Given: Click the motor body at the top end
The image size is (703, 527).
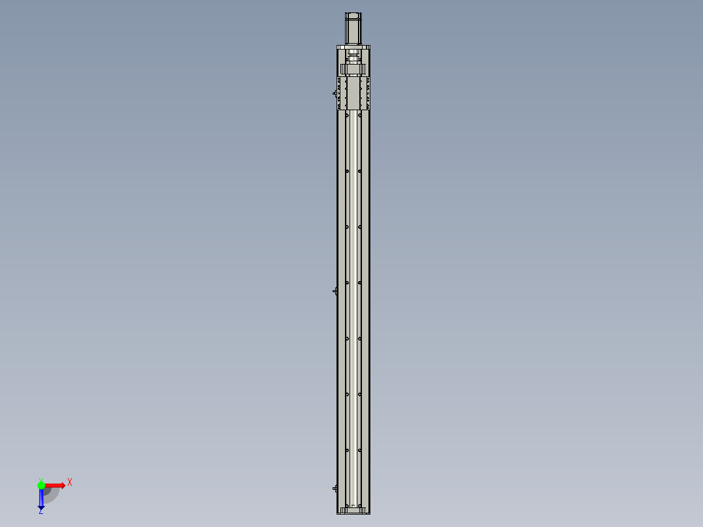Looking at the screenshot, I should pyautogui.click(x=353, y=29).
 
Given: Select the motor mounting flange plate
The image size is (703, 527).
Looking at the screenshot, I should pyautogui.click(x=353, y=47).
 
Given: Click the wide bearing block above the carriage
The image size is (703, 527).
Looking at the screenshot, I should pyautogui.click(x=353, y=69).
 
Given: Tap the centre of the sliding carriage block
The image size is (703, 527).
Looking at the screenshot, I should pyautogui.click(x=353, y=93).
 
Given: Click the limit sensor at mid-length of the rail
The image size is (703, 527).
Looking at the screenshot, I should pyautogui.click(x=335, y=290).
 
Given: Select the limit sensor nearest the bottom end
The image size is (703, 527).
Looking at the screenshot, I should pyautogui.click(x=335, y=487).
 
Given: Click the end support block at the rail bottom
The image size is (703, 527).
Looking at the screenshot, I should pyautogui.click(x=353, y=510).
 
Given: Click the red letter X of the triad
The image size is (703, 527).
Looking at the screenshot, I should pyautogui.click(x=70, y=482).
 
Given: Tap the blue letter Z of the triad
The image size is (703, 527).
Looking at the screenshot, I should pyautogui.click(x=40, y=511).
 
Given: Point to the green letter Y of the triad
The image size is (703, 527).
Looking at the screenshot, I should pyautogui.click(x=40, y=478).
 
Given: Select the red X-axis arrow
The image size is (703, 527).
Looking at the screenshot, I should pyautogui.click(x=56, y=485).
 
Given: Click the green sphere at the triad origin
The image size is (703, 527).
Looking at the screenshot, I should pyautogui.click(x=41, y=485).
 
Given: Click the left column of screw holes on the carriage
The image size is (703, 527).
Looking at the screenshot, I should pyautogui.click(x=339, y=93).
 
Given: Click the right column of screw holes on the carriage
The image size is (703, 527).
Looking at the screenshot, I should pyautogui.click(x=368, y=93).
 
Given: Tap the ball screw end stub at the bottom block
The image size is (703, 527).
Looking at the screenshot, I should pyautogui.click(x=353, y=506).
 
